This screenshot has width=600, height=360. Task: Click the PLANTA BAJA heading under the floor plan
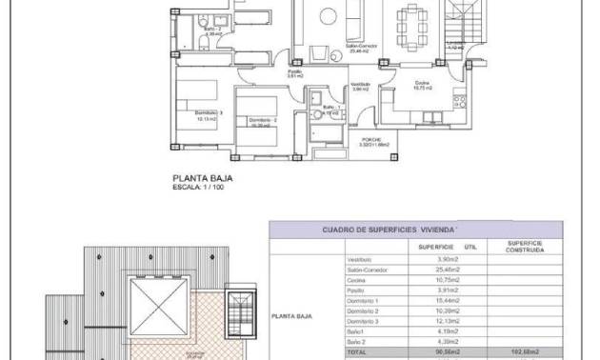202,177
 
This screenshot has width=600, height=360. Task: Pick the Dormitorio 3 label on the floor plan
209,112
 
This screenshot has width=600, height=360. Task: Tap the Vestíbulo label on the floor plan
360,86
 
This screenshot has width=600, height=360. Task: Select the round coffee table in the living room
327,14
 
